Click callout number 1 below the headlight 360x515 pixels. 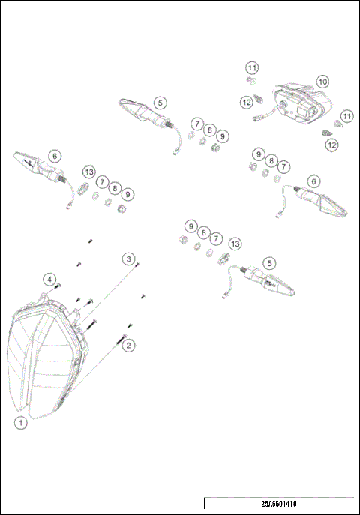click(21, 423)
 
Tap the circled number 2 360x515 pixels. click(129, 346)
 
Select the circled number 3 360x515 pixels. click(129, 259)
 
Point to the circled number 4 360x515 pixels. click(49, 280)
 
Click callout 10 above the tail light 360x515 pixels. click(322, 81)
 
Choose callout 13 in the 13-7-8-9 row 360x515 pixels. click(90, 172)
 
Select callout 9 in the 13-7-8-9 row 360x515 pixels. click(128, 194)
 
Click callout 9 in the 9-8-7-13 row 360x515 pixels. click(190, 226)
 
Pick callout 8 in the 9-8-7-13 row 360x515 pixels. click(203, 232)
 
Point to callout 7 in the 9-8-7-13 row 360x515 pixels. click(217, 238)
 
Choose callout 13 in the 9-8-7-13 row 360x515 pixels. click(235, 244)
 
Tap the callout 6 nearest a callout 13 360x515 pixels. click(54, 156)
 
